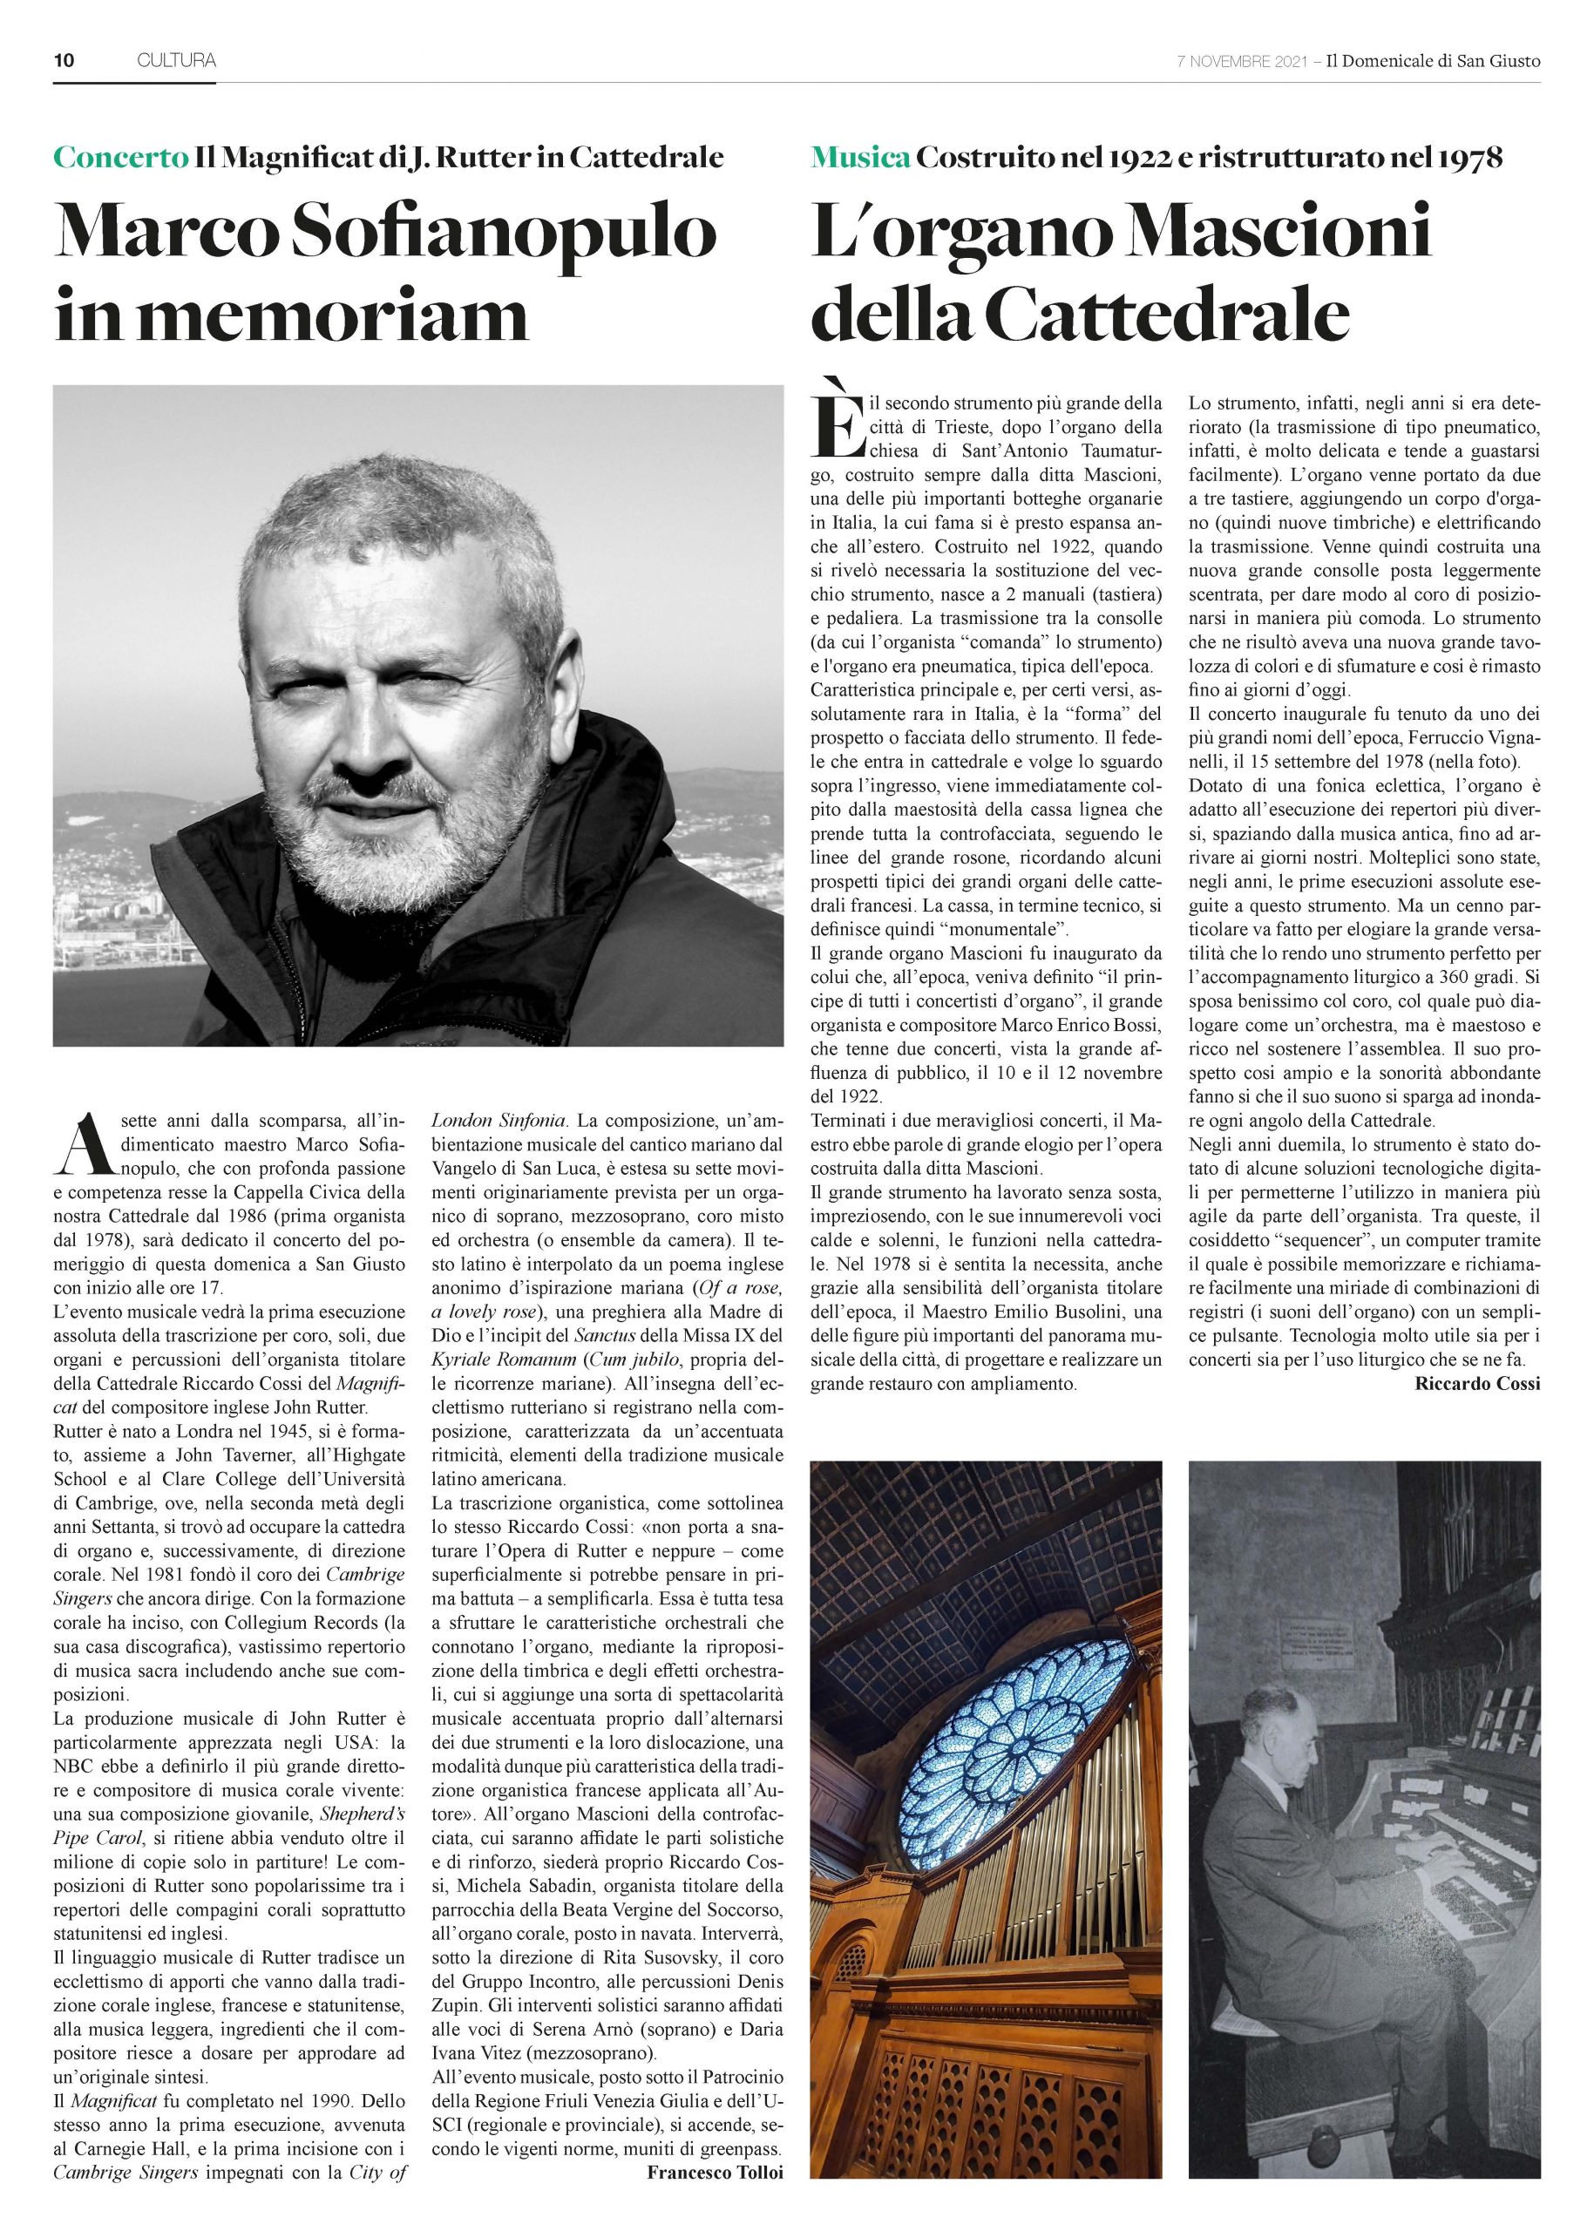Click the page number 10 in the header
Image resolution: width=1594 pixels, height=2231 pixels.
64,61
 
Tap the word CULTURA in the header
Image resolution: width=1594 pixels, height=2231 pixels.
177,61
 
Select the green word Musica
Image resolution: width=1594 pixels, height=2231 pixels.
860,157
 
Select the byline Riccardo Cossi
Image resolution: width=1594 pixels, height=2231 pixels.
1478,1384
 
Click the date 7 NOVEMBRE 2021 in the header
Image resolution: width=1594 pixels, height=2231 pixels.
1242,61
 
